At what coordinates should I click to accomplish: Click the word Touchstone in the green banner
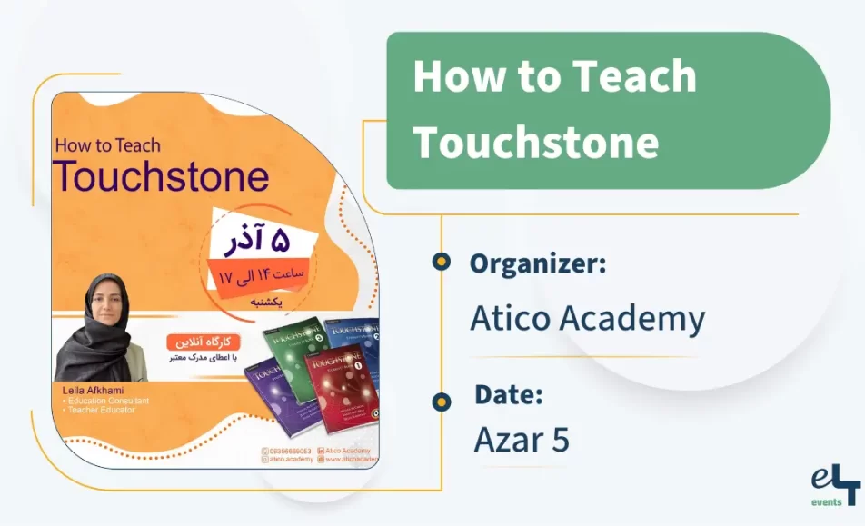click(536, 142)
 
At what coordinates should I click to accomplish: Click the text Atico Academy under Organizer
click(587, 319)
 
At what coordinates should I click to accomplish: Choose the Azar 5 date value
click(522, 440)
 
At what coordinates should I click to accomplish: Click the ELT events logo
click(835, 486)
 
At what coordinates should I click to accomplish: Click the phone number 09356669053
click(286, 451)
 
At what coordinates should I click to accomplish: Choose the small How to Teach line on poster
click(107, 144)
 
